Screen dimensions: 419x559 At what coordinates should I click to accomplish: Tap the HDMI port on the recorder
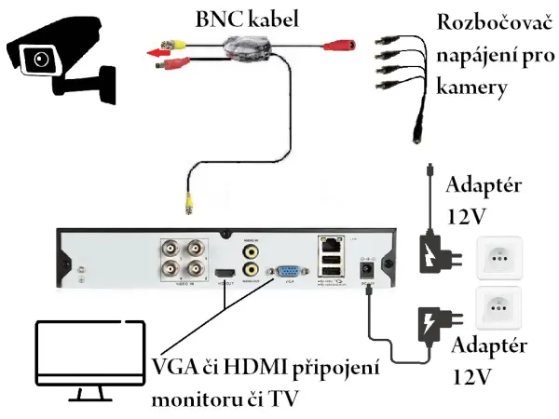click(x=225, y=273)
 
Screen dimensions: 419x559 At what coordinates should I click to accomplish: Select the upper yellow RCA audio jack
click(x=250, y=250)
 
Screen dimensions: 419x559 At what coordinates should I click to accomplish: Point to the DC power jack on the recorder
click(x=366, y=269)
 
